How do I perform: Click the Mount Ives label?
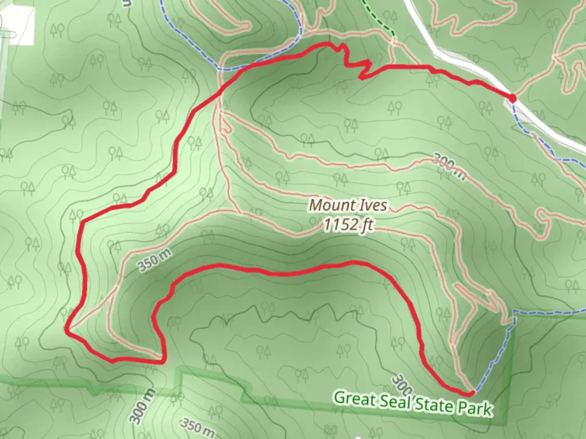pos(348,205)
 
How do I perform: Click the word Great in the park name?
pos(354,398)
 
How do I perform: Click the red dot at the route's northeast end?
pos(512,98)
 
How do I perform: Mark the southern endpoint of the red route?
pos(471,393)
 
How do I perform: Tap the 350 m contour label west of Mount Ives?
pos(154,260)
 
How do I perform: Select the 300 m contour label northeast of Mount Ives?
pos(448,166)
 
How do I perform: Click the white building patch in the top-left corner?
pos(18,26)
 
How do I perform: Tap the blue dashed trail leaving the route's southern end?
pos(494,354)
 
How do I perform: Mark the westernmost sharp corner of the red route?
pos(67,329)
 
